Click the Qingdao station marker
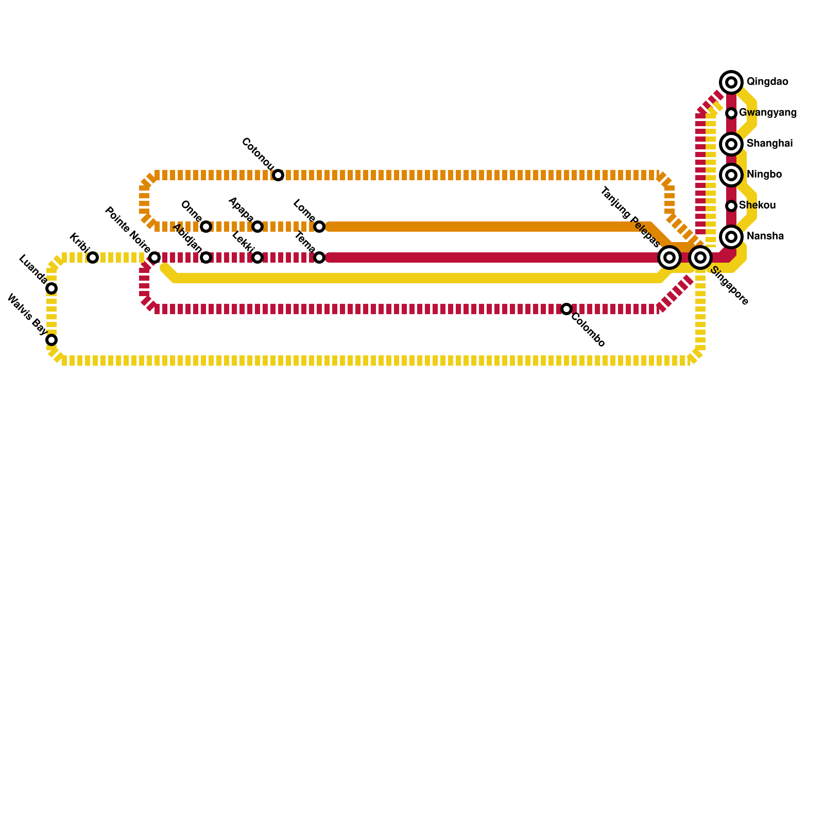click(x=731, y=82)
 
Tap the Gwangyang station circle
click(x=731, y=113)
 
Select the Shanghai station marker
click(x=731, y=144)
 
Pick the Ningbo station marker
click(x=731, y=175)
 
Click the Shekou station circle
click(x=731, y=205)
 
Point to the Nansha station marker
click(x=731, y=236)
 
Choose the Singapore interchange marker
click(x=700, y=257)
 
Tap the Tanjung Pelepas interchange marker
click(x=669, y=257)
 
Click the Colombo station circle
click(x=566, y=308)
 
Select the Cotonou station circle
click(x=278, y=175)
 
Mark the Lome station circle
click(x=319, y=226)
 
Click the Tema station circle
click(x=319, y=257)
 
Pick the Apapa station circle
click(x=257, y=226)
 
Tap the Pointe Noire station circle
click(x=154, y=257)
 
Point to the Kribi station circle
click(x=92, y=257)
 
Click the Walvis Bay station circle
click(x=51, y=339)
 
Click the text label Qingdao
click(x=767, y=82)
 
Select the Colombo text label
click(x=588, y=330)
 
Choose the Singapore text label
click(x=729, y=286)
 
